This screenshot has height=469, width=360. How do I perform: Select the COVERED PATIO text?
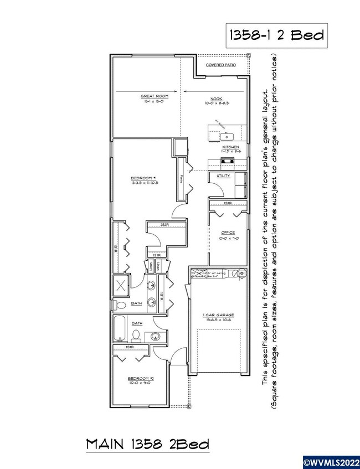[220, 65]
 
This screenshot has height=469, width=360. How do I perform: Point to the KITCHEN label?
[230, 147]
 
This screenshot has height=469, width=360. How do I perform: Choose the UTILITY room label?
[223, 176]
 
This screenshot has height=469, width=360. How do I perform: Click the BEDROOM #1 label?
[145, 178]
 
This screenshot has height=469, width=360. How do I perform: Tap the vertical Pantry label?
[182, 178]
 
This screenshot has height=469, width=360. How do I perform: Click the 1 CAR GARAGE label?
[220, 316]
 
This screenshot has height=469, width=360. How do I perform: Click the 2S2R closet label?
[165, 225]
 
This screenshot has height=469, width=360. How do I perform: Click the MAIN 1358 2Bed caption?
[148, 444]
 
